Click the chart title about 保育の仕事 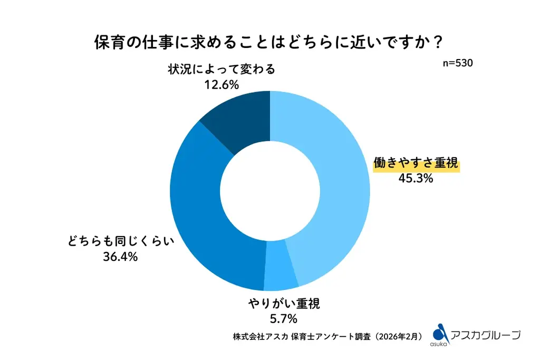tap(269, 42)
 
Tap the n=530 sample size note tap(457, 63)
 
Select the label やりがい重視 tap(284, 303)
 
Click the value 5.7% tap(284, 318)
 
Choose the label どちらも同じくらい tap(120, 242)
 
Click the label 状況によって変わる tap(221, 69)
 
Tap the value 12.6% tap(221, 84)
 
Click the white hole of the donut tap(270, 190)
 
